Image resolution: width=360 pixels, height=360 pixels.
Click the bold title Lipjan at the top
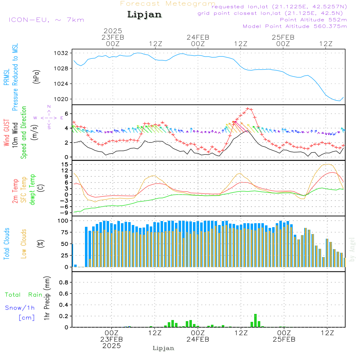(144, 15)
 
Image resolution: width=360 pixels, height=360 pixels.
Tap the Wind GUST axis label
(6, 133)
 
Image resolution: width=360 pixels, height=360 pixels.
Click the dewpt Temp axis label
(32, 190)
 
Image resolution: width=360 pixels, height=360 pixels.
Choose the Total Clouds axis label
(6, 244)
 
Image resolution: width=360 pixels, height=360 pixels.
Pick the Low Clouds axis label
(24, 244)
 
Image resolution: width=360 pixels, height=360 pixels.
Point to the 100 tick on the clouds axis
(63, 221)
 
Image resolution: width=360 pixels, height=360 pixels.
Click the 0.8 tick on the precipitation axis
(64, 283)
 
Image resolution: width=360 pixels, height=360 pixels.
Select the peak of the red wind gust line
(248, 108)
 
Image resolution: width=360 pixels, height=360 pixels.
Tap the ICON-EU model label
(46, 20)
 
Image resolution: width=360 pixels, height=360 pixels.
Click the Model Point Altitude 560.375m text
(295, 26)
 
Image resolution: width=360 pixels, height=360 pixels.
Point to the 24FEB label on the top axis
(198, 37)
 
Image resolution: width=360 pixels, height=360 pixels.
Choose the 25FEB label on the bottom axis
(284, 339)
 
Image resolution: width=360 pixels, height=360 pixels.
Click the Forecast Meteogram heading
(168, 4)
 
